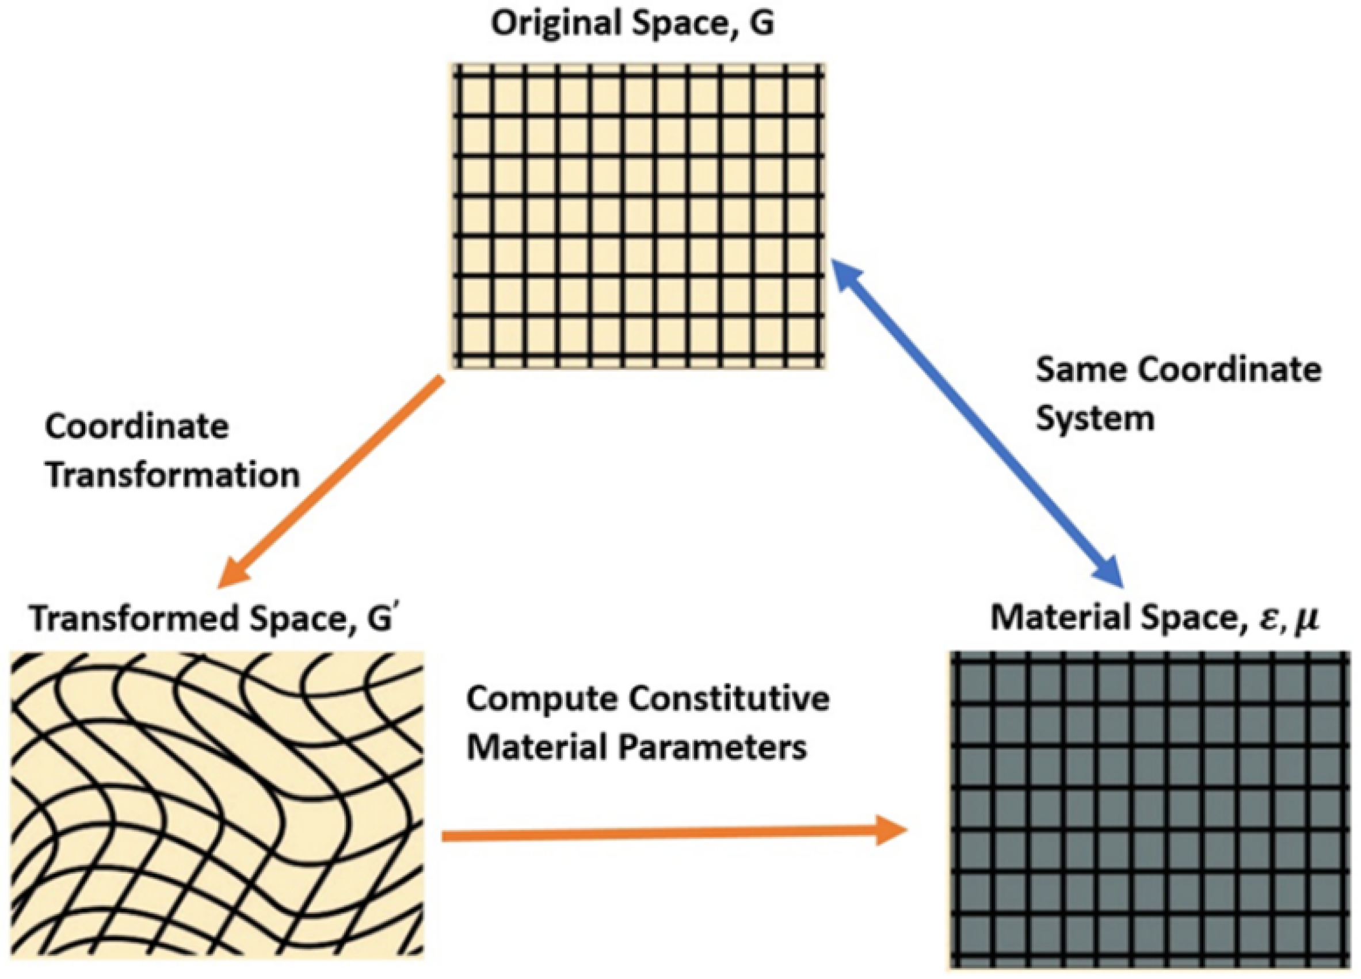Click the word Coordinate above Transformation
tap(137, 428)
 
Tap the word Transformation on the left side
tap(173, 476)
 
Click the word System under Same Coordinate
tap(1095, 418)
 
